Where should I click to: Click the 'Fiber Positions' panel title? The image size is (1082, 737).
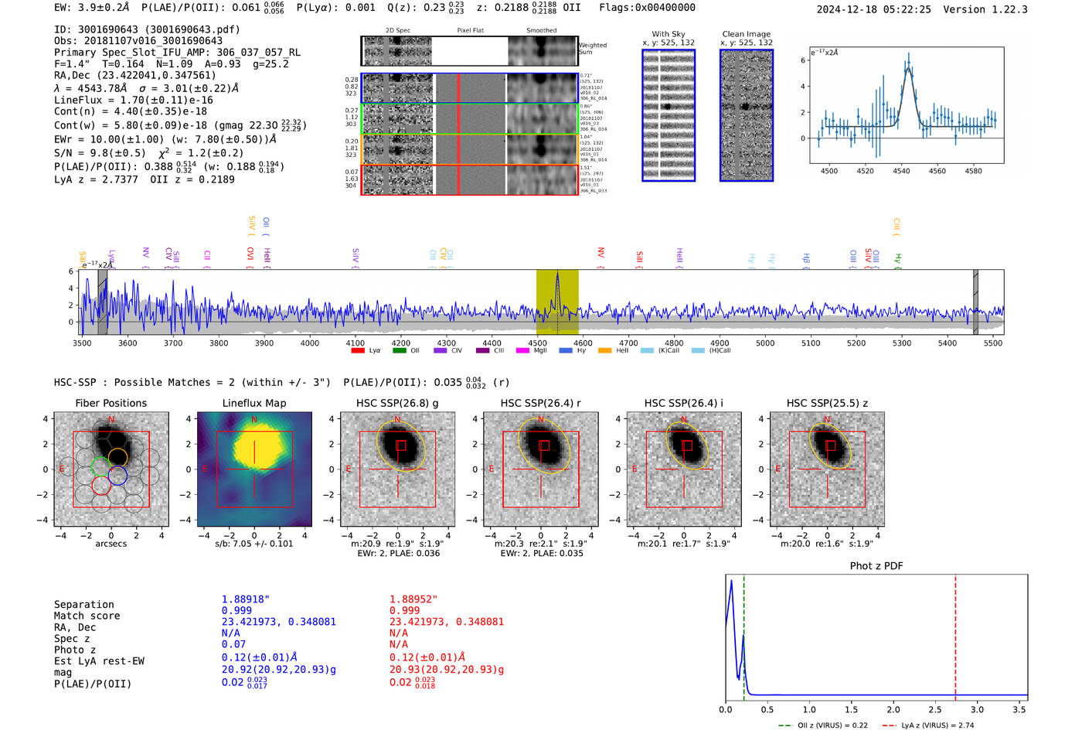pos(111,403)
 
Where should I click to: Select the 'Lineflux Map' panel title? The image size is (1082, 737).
pos(253,403)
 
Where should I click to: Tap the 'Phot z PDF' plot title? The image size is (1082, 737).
pos(876,566)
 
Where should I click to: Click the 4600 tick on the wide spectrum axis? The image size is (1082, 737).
pos(583,343)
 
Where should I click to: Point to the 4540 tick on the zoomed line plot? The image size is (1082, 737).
pos(901,171)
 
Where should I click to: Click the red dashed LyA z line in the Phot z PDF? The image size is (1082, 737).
pos(955,634)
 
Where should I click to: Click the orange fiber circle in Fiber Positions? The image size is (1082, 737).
pos(117,456)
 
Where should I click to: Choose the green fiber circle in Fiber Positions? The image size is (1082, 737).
pos(100,466)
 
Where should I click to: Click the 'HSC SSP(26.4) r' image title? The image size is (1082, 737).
pos(540,403)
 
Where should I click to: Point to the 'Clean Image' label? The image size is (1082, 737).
pos(746,34)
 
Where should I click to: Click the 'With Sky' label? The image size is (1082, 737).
pos(668,34)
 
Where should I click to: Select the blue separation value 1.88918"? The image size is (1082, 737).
pos(245,599)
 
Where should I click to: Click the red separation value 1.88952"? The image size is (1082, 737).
pos(413,599)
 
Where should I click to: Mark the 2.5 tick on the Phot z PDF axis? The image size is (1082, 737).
pos(934,709)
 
